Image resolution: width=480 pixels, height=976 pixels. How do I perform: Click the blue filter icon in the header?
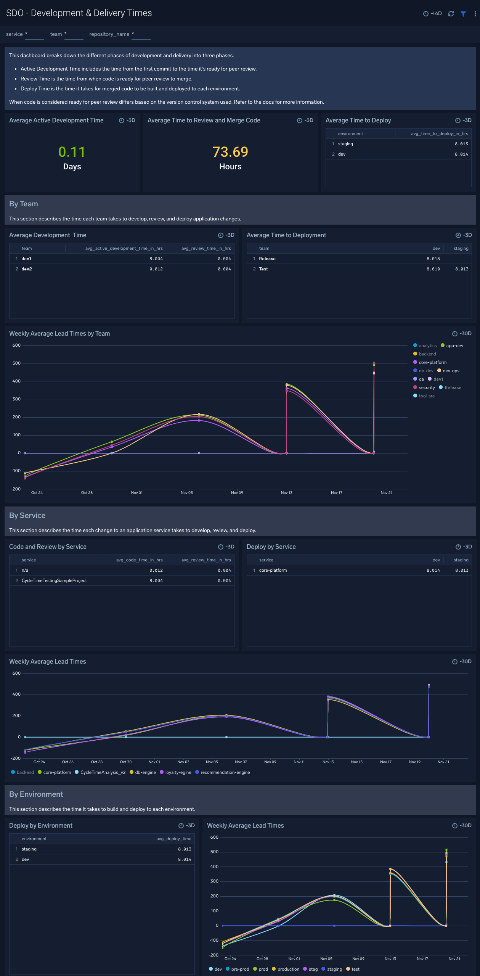pos(463,14)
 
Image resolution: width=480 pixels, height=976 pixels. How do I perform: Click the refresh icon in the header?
pos(451,14)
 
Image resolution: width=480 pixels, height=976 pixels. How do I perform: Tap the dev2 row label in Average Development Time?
pos(27,269)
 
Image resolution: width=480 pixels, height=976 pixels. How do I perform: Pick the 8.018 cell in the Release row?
pos(433,259)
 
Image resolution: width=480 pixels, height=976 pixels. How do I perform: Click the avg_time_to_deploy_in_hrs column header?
pos(439,133)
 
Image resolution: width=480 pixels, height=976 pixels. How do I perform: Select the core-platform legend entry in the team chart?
pos(432,362)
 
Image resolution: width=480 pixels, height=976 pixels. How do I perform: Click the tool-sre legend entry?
pos(426,396)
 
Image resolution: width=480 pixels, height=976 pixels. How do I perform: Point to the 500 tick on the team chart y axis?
pos(16,363)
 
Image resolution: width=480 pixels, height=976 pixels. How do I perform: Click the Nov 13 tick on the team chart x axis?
pos(286,493)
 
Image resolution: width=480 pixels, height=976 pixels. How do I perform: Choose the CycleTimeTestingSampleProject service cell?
pos(54,580)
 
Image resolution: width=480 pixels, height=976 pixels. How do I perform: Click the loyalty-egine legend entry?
pos(178,772)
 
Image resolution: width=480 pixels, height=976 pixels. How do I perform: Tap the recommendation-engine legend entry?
pos(225,772)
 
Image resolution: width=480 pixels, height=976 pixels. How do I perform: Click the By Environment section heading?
pos(36,794)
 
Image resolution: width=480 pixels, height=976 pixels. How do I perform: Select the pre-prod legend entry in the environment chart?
pos(240,969)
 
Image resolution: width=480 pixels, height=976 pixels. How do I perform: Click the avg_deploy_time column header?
pos(173,839)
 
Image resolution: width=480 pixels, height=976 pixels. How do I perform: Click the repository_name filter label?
pos(109,34)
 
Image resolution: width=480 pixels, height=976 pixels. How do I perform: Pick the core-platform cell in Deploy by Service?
pos(273,570)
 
